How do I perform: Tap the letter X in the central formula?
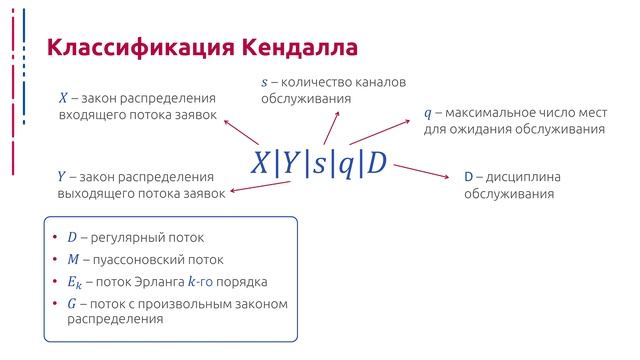pyautogui.click(x=260, y=163)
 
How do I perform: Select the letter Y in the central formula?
pyautogui.click(x=289, y=163)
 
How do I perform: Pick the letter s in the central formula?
pyautogui.click(x=318, y=164)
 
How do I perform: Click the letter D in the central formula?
pyautogui.click(x=377, y=163)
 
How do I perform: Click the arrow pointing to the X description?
pyautogui.click(x=239, y=132)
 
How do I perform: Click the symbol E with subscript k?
pyautogui.click(x=75, y=282)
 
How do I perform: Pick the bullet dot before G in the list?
pyautogui.click(x=55, y=303)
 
